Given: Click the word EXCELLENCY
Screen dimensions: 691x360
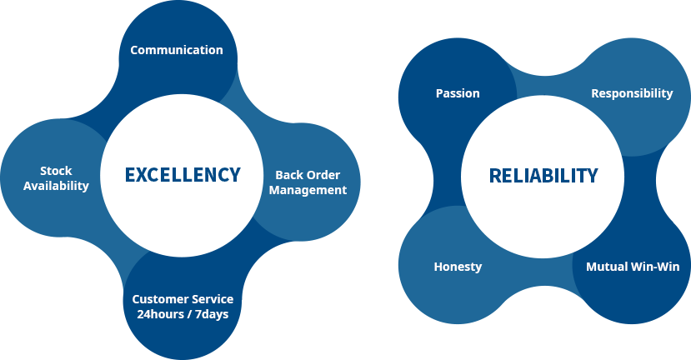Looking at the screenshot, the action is click(183, 175).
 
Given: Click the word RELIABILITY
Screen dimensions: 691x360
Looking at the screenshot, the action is click(543, 176).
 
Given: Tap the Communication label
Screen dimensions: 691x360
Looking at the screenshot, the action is click(176, 50).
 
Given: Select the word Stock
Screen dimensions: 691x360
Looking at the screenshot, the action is click(56, 171).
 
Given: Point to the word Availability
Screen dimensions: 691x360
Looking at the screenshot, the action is click(56, 186).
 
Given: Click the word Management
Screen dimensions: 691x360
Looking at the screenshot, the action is click(308, 190).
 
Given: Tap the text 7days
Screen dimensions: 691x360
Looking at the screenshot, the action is click(212, 314).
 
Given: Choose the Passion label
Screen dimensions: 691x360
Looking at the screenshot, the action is click(458, 93).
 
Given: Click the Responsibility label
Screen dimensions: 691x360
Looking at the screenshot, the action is click(632, 93).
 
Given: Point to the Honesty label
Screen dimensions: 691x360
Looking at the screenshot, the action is click(458, 267).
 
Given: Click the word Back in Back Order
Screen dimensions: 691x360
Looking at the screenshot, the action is click(288, 175).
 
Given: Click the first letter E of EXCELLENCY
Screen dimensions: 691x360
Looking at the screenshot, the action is click(130, 175).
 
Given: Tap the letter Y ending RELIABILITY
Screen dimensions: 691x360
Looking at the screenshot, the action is click(592, 176).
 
